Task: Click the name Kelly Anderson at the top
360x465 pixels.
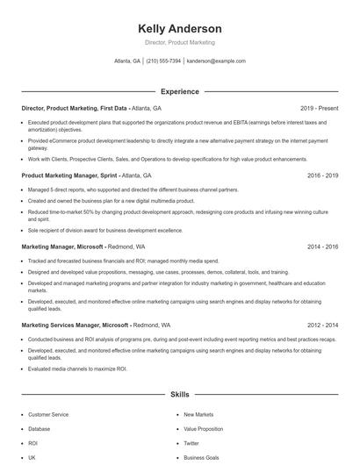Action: tap(179, 29)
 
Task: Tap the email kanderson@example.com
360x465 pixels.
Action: tap(216, 61)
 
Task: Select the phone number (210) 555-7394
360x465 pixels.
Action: tap(163, 61)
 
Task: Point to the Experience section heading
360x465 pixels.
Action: tap(179, 91)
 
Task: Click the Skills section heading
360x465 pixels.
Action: tap(179, 396)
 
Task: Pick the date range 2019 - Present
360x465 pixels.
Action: tap(319, 108)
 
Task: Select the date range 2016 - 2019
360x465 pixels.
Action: tap(322, 175)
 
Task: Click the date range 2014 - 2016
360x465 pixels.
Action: tap(322, 247)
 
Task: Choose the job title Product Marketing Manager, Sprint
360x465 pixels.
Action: tap(69, 175)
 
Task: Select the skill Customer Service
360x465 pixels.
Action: tap(48, 414)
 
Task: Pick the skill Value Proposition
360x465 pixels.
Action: tap(203, 429)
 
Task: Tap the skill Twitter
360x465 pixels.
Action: tap(191, 444)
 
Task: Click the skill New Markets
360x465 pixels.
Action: tap(198, 414)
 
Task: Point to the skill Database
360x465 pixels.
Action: tap(39, 429)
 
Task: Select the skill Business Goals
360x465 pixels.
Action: tap(201, 458)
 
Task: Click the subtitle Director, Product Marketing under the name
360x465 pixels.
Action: tap(179, 43)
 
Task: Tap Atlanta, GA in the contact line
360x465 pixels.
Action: tap(127, 61)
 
